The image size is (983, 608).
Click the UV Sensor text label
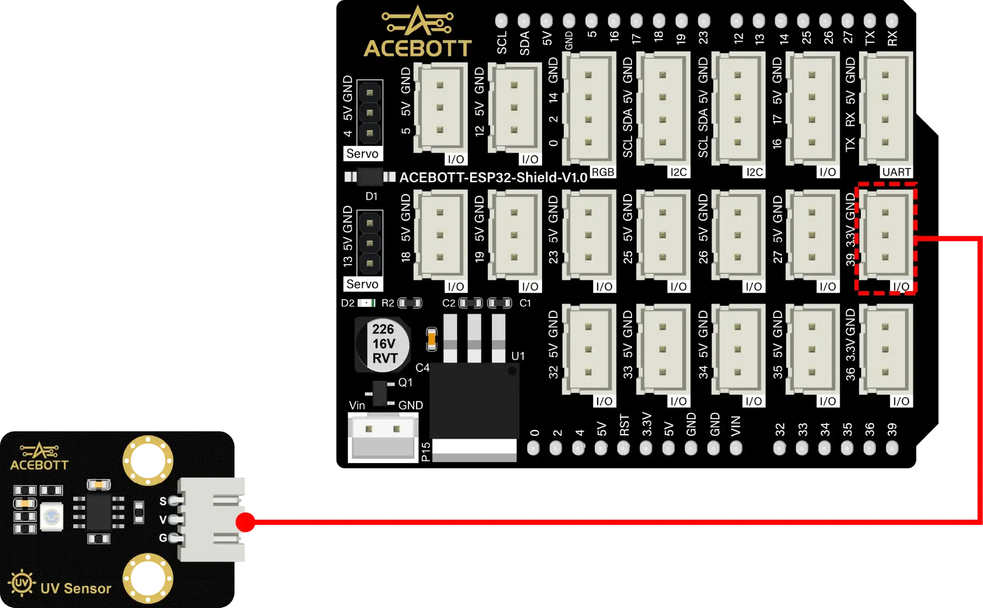[x=76, y=588]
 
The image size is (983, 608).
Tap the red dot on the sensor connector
[x=246, y=522]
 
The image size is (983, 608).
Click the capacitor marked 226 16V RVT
[x=383, y=344]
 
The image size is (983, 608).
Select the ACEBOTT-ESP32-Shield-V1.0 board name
[x=493, y=177]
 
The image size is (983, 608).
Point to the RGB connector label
[x=603, y=172]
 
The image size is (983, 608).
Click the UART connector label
[x=896, y=172]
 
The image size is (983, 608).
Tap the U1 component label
[x=518, y=356]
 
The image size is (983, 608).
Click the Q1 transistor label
[x=405, y=383]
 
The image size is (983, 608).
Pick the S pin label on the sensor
[x=163, y=501]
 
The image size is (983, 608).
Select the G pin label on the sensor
[x=163, y=538]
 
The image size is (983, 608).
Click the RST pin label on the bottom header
[x=624, y=425]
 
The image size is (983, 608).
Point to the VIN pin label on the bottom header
[x=735, y=426]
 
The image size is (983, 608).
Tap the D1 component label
[x=371, y=196]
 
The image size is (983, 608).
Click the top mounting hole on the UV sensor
[x=148, y=461]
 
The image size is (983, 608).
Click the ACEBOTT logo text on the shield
[x=417, y=48]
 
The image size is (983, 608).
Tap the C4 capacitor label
[x=422, y=368]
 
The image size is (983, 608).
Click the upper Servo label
[x=362, y=154]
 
